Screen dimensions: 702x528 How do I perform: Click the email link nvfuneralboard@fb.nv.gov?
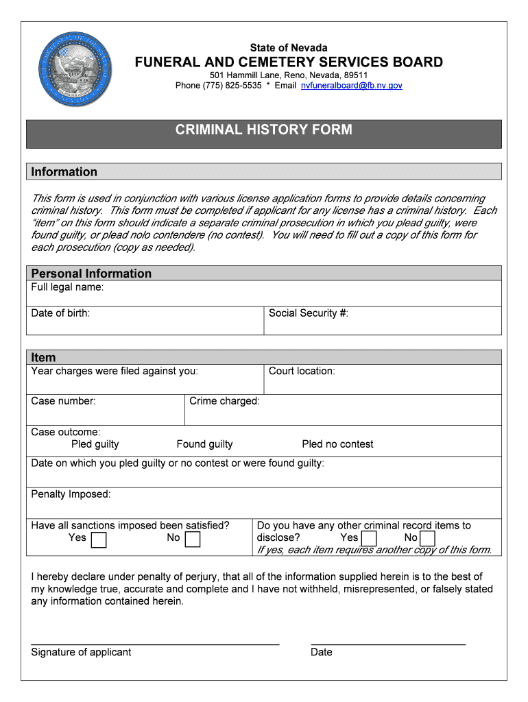point(352,86)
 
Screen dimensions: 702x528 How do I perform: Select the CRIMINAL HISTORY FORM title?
point(264,130)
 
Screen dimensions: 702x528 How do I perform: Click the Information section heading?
point(64,171)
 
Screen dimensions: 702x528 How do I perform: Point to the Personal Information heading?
point(91,274)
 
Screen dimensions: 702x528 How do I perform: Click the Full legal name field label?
point(67,287)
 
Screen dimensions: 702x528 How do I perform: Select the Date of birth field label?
point(60,313)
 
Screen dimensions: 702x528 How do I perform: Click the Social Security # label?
point(309,313)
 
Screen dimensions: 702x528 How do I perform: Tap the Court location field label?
point(302,371)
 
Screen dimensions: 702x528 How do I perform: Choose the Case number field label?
point(63,401)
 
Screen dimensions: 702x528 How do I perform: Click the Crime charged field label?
point(224,401)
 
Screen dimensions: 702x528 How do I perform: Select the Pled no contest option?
point(337,444)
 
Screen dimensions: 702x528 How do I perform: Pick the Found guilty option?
point(204,444)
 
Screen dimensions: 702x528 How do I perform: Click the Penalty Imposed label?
point(71,494)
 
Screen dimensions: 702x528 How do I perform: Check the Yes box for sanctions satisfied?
point(99,540)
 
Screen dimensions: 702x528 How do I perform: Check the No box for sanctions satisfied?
point(193,540)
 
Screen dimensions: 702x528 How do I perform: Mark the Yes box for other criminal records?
point(369,539)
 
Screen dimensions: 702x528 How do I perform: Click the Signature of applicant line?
point(155,644)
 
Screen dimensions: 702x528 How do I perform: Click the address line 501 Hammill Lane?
point(289,75)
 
